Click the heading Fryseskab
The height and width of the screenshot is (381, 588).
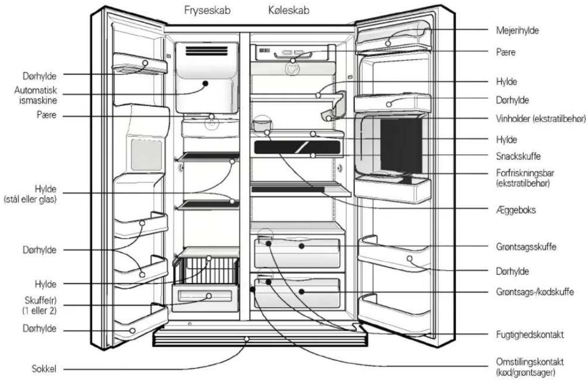pos(208,11)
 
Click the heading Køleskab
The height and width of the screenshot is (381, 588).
pos(289,10)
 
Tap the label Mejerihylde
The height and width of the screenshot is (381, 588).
pos(517,30)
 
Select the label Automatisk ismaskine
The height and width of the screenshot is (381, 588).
pos(36,95)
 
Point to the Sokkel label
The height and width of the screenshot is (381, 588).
pos(44,369)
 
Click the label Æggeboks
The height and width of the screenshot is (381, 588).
pos(516,210)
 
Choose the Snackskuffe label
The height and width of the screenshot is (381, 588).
pos(519,156)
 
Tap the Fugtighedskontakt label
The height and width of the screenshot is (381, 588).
pos(530,335)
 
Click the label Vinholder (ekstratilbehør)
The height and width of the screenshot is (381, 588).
pos(541,119)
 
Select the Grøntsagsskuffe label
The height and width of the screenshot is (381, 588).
pos(526,247)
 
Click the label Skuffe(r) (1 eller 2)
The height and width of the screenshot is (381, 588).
pos(40,305)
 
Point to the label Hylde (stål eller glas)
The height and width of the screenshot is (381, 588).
pos(30,194)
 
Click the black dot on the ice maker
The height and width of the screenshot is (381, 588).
pos(206,84)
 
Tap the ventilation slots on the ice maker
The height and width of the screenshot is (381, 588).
pos(207,51)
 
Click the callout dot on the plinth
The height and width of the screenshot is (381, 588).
pos(246,339)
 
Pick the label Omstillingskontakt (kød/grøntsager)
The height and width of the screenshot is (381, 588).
pos(530,367)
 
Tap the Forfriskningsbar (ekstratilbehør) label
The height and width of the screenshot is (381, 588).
pos(525,178)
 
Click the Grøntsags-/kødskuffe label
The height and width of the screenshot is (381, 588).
pos(535,292)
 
